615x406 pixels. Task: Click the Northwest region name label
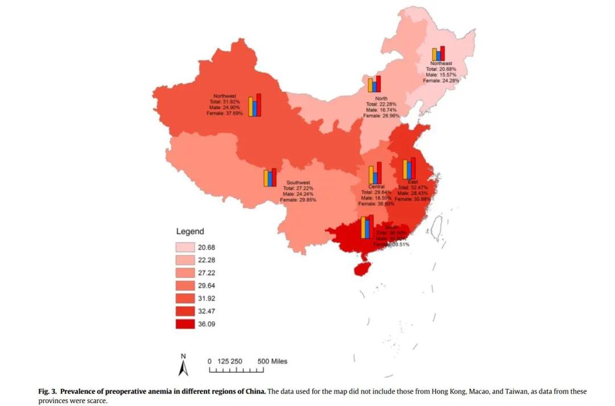click(x=224, y=96)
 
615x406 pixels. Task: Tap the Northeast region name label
click(x=441, y=63)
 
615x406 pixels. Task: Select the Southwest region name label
click(x=298, y=183)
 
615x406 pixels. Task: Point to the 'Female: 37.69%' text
click(x=224, y=113)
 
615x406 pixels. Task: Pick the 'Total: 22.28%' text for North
click(x=381, y=104)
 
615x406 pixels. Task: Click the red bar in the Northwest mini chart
click(x=259, y=105)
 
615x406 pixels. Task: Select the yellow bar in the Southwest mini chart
click(x=266, y=178)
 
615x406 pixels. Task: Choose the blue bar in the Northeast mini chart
click(x=438, y=55)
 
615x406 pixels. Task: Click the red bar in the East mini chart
click(x=413, y=169)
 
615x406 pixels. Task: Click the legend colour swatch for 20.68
click(x=184, y=248)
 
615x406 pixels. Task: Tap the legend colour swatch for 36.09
click(x=184, y=325)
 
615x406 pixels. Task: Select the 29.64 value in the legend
click(x=206, y=286)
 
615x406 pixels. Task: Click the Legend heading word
click(x=190, y=232)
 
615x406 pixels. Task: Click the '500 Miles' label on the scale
click(x=272, y=362)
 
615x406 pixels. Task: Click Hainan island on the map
click(x=361, y=267)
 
